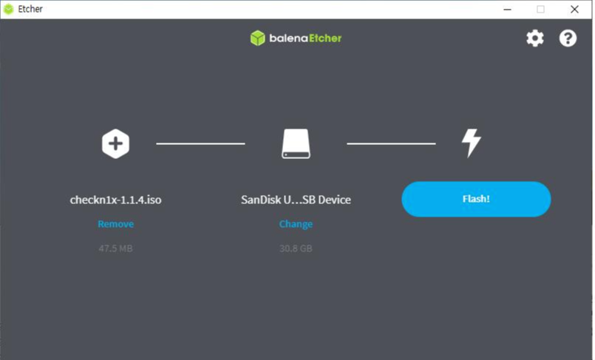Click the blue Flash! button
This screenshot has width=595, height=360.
476,199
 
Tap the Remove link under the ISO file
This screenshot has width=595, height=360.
115,224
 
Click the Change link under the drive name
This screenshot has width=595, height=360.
296,224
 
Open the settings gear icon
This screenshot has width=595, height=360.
534,38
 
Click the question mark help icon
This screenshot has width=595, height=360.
568,38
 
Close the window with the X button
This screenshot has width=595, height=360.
574,10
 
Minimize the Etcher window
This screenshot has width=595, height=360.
508,10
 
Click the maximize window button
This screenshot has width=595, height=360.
541,10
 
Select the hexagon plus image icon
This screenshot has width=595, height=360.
115,143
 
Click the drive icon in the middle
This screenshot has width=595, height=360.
296,144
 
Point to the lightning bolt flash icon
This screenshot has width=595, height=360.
471,143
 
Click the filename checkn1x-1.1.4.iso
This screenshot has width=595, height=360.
115,200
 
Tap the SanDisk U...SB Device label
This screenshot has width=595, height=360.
296,200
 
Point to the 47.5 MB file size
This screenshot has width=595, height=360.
115,248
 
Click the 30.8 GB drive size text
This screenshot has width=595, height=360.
296,248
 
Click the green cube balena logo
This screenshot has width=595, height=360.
257,38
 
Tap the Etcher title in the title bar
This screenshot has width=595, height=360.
30,10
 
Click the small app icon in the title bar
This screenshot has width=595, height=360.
9,10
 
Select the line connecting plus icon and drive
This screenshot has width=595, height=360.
200,143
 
